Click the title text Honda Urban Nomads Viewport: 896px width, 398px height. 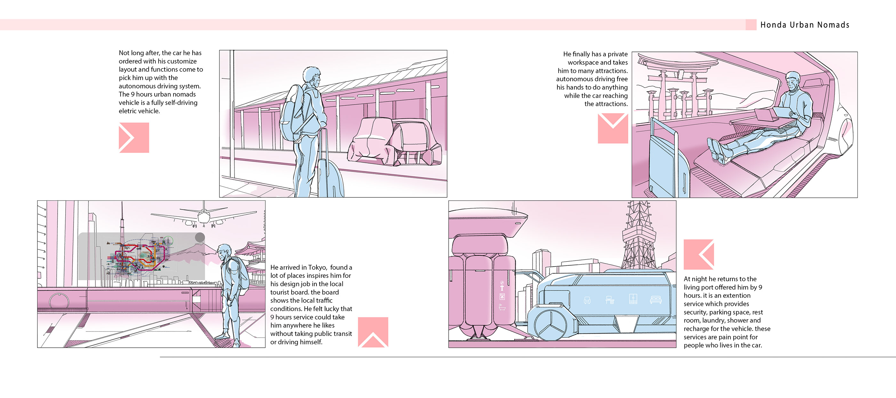[804, 25]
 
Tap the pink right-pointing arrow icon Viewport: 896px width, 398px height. [134, 138]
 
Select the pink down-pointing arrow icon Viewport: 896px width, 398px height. [613, 128]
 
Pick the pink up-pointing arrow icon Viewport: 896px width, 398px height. [373, 332]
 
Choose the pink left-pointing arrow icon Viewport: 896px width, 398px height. [699, 254]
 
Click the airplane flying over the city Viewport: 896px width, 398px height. [204, 215]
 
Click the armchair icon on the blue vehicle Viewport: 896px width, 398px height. [587, 300]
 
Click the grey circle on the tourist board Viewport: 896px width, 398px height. [200, 237]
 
